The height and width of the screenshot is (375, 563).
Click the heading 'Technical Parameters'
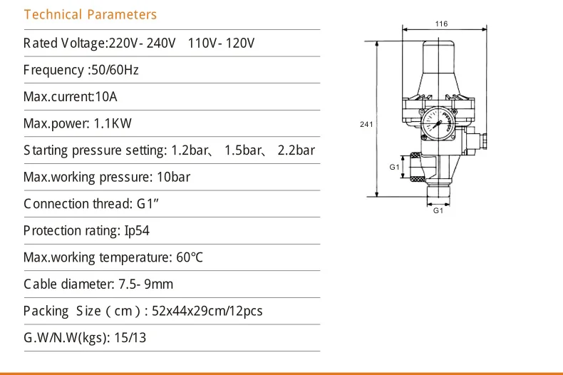click(x=90, y=14)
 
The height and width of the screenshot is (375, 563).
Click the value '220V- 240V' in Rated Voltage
click(x=141, y=43)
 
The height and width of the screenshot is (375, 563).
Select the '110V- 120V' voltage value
click(x=221, y=43)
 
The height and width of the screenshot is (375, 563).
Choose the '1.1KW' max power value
click(x=113, y=123)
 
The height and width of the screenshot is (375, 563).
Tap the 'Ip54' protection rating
click(x=137, y=230)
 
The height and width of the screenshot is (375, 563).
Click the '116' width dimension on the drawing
click(x=442, y=24)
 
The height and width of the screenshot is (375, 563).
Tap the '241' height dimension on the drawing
click(x=366, y=124)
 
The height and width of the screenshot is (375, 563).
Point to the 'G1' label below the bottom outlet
click(x=439, y=211)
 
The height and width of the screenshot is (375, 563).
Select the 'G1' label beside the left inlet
click(x=394, y=166)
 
